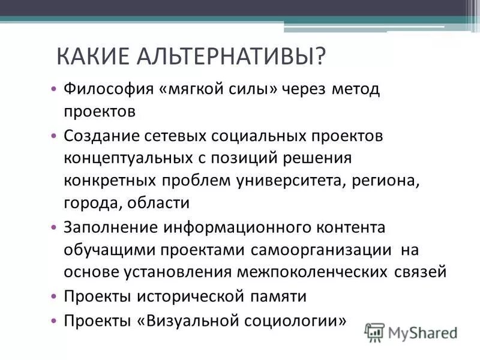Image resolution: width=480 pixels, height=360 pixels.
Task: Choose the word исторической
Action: [188, 296]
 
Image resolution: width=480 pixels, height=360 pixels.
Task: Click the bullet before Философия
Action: [55, 89]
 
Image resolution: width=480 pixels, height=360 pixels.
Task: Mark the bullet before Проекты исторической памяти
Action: [55, 296]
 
